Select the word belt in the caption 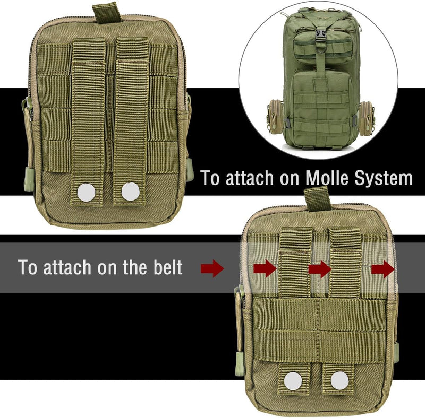168,267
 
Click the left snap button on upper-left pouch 86,193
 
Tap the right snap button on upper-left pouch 130,191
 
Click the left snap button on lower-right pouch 293,381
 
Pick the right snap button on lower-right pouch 339,380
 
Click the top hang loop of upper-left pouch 106,13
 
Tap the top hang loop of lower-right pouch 317,199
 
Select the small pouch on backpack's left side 276,116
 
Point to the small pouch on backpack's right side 366,117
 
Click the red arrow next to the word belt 212,268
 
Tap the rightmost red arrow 382,269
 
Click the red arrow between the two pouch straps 320,269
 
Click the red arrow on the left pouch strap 265,268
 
